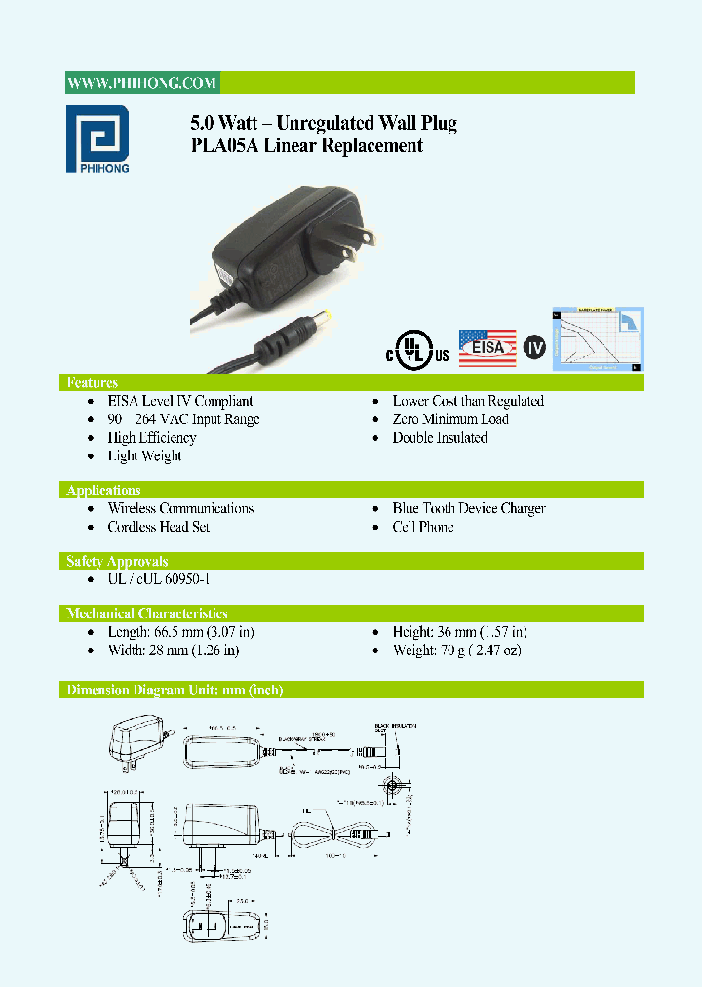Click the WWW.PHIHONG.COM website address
142,83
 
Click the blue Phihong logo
97,138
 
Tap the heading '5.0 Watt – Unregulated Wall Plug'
323,123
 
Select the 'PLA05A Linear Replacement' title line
306,146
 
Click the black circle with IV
534,347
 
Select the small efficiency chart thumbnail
598,338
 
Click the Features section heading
92,382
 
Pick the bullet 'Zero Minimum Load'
450,419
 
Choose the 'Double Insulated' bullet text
440,438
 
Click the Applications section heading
103,490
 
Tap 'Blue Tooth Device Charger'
469,508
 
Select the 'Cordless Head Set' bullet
159,527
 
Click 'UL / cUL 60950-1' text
159,579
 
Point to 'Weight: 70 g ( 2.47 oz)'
457,650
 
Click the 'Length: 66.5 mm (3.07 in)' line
181,632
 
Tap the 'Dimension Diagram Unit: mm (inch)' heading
175,690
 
